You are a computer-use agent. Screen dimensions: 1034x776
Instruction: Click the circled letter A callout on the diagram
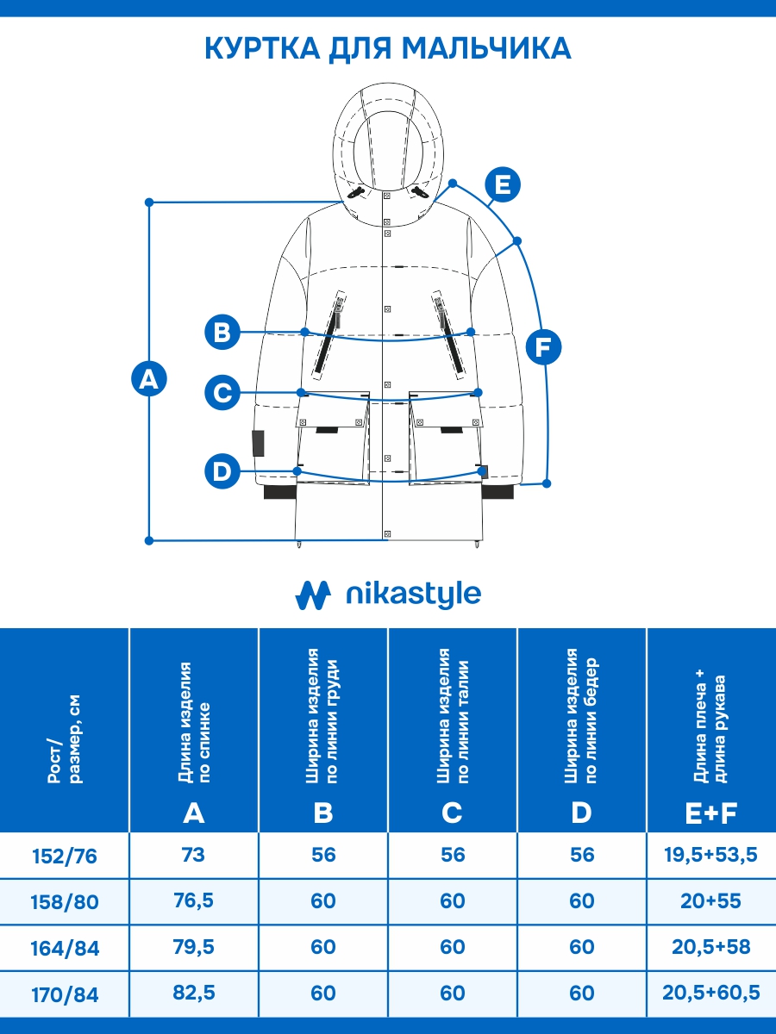click(x=149, y=379)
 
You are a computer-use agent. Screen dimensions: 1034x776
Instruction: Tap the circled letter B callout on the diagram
click(x=222, y=332)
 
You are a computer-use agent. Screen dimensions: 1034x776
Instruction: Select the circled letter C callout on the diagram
click(x=222, y=393)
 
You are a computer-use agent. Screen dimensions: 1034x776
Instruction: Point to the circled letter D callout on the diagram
click(x=222, y=470)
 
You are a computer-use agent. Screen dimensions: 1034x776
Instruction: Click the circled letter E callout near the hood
click(x=503, y=184)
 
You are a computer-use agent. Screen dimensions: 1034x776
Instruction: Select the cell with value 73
click(x=194, y=855)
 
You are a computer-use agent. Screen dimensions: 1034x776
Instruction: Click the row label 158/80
click(x=65, y=902)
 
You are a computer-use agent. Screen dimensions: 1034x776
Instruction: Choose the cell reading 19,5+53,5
click(x=710, y=855)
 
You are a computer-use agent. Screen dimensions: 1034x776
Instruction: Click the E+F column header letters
click(x=710, y=812)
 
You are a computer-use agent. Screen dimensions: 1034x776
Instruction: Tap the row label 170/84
click(x=65, y=995)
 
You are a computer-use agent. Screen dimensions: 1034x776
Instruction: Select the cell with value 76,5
click(x=194, y=901)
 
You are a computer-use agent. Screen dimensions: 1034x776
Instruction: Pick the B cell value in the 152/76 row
click(x=323, y=855)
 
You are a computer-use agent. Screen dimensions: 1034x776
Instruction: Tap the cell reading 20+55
click(x=710, y=901)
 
